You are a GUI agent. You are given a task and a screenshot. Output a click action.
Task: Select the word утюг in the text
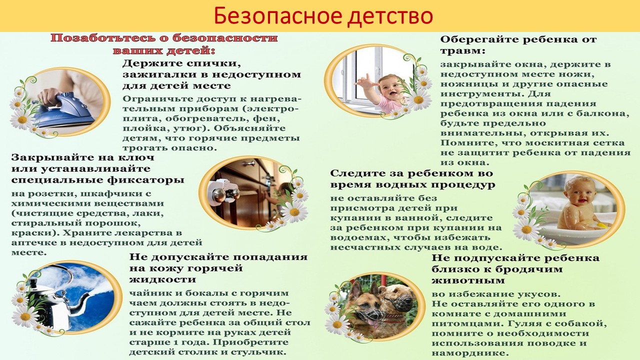[x=185, y=128]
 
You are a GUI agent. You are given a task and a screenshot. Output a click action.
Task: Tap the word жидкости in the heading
[x=162, y=279]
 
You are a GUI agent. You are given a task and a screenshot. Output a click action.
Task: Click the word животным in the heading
[x=468, y=280]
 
